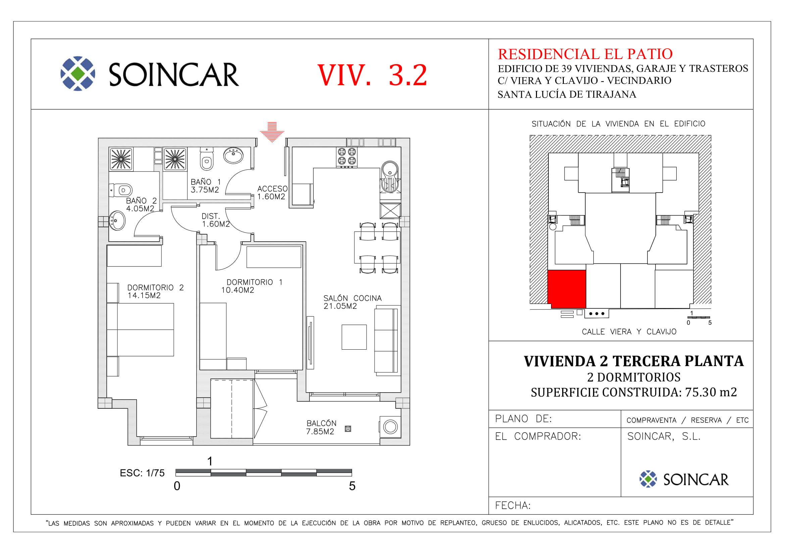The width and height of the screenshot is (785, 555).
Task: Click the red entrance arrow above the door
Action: click(x=272, y=132)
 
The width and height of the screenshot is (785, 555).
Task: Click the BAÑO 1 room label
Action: click(x=206, y=182)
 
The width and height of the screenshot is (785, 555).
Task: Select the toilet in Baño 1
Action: click(x=206, y=159)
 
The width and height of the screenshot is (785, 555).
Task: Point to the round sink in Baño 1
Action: click(x=233, y=155)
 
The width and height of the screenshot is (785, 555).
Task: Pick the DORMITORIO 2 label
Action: click(x=156, y=288)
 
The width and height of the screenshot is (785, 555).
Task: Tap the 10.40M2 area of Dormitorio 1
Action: click(x=238, y=290)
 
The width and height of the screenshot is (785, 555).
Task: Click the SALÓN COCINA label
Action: click(x=352, y=298)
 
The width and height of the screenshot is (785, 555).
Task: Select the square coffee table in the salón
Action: click(x=354, y=337)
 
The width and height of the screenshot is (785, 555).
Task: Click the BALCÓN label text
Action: click(x=322, y=423)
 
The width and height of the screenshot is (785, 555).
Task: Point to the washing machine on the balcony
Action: click(x=390, y=426)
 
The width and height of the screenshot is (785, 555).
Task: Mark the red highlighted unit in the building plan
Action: click(x=567, y=289)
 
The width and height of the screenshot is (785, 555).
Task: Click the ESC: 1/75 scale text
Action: click(x=142, y=473)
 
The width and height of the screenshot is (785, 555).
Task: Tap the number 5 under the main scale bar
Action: click(x=352, y=486)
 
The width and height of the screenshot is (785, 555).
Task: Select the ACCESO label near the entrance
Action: click(x=273, y=189)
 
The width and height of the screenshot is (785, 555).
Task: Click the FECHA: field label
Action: click(x=513, y=505)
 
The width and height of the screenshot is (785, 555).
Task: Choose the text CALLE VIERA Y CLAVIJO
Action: click(x=629, y=332)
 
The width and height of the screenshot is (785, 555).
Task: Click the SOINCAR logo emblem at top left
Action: click(x=78, y=73)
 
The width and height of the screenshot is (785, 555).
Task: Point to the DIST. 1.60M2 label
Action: click(x=216, y=220)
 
